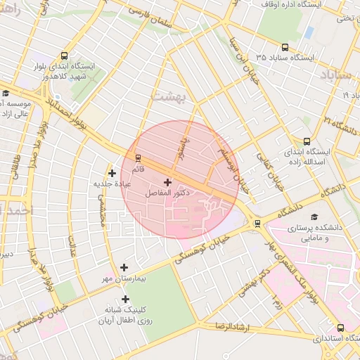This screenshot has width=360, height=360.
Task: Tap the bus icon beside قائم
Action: pyautogui.click(x=138, y=157)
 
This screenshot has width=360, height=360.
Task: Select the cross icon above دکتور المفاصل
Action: pyautogui.click(x=167, y=182)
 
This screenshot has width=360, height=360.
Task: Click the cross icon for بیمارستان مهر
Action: pyautogui.click(x=124, y=267)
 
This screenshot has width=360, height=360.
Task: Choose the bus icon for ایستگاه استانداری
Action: pyautogui.click(x=341, y=328)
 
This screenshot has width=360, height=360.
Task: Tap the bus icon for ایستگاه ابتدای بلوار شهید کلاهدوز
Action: pyautogui.click(x=65, y=56)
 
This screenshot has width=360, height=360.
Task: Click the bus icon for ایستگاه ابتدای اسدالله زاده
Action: pyautogui.click(x=306, y=141)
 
